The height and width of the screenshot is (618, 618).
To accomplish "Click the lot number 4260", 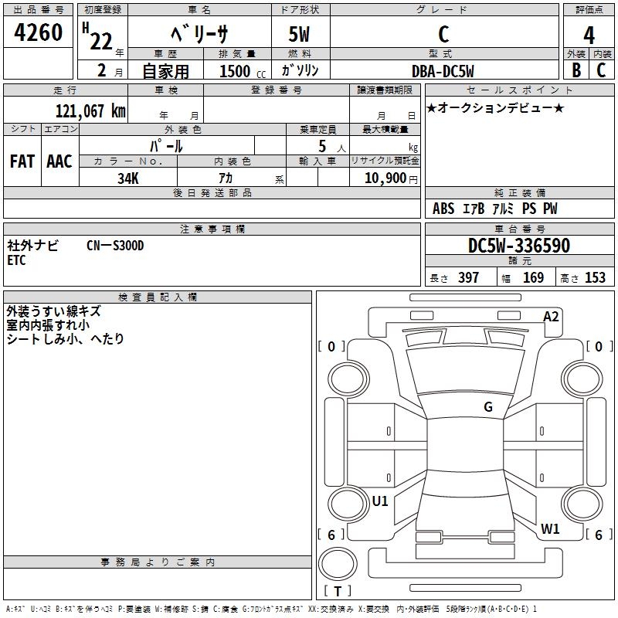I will click(x=39, y=34).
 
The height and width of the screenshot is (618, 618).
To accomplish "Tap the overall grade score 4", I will click(x=589, y=35).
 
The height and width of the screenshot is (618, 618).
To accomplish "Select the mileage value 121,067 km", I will click(x=90, y=110).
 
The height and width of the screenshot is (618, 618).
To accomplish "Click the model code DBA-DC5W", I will click(x=443, y=70).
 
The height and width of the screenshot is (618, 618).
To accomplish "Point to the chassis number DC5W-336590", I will click(x=519, y=246).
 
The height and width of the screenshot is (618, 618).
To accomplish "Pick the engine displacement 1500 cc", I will click(x=240, y=71).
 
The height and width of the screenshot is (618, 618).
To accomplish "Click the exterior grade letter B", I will click(x=576, y=70).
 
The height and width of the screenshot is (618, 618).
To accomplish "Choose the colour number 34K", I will click(x=128, y=177).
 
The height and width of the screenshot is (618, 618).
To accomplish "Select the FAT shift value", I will click(x=22, y=161).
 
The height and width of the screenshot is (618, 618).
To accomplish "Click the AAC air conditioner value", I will click(x=59, y=161).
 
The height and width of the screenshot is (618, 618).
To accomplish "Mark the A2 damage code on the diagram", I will click(x=551, y=317).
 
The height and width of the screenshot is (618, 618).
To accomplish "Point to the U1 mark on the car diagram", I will click(x=380, y=501).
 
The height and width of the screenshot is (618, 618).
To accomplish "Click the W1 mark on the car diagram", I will click(x=550, y=529).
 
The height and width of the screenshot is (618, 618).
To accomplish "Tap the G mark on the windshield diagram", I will click(x=488, y=407).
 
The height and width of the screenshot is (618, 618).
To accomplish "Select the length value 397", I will click(x=468, y=277).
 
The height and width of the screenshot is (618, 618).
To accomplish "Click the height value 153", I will click(x=594, y=277).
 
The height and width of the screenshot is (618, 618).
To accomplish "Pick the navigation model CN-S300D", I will click(x=116, y=246).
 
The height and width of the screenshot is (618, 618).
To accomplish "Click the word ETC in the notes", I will click(x=16, y=260).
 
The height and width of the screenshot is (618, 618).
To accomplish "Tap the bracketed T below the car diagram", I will click(x=338, y=592).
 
